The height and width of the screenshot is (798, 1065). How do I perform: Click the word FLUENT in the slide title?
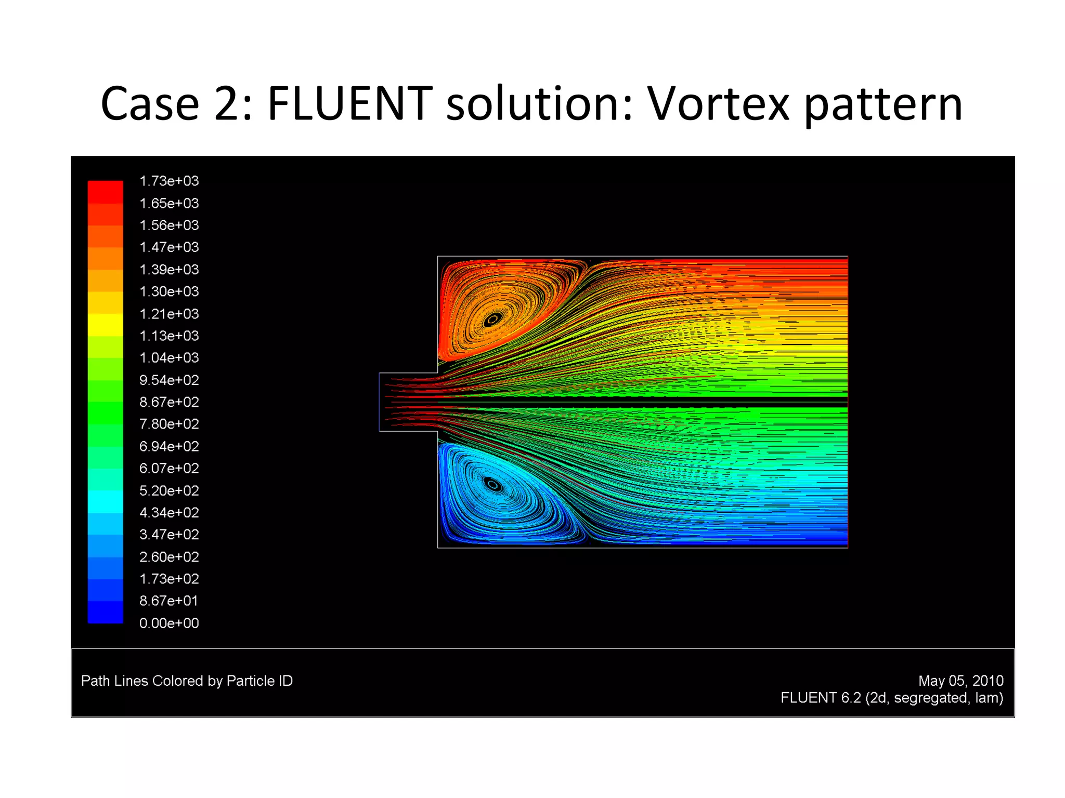click(x=349, y=104)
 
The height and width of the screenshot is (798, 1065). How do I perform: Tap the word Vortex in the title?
click(x=718, y=104)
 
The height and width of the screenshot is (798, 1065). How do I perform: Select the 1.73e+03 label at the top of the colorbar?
click(x=169, y=181)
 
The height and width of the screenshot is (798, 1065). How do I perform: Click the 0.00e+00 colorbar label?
click(x=169, y=623)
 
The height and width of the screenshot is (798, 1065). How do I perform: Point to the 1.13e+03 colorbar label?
click(x=169, y=336)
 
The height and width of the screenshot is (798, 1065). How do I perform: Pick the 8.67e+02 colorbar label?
click(x=169, y=402)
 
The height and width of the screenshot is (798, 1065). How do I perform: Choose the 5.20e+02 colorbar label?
click(x=169, y=490)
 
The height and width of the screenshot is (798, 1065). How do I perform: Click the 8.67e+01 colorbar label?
click(x=169, y=601)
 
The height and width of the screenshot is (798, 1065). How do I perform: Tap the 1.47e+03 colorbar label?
click(x=169, y=247)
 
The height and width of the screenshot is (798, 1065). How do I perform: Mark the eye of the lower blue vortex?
click(x=493, y=485)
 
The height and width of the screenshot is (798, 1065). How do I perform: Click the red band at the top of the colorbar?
click(x=106, y=191)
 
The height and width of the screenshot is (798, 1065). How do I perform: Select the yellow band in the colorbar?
click(x=106, y=325)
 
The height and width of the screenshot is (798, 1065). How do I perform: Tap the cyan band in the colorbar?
click(x=106, y=502)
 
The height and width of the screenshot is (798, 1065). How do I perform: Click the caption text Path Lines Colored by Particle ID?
click(x=187, y=681)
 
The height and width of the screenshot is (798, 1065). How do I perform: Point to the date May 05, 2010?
click(x=960, y=681)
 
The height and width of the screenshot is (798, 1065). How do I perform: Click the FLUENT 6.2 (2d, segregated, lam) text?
click(x=891, y=698)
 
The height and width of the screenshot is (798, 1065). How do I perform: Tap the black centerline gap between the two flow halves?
click(x=676, y=402)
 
